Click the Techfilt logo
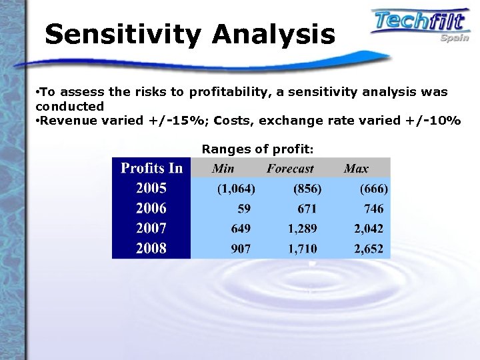coord(420,23)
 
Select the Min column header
coord(223,169)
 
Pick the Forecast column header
coord(290,169)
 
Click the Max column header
coord(356,169)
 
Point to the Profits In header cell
coord(151,168)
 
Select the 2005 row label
coord(151,188)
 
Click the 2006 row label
coord(151,208)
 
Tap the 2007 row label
coord(151,228)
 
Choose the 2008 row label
coord(151,249)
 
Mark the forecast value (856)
coord(308,189)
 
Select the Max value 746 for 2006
coord(373,209)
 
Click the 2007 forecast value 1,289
coord(303,229)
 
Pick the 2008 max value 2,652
coord(369,249)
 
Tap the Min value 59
coord(244,209)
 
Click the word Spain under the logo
coord(455,38)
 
